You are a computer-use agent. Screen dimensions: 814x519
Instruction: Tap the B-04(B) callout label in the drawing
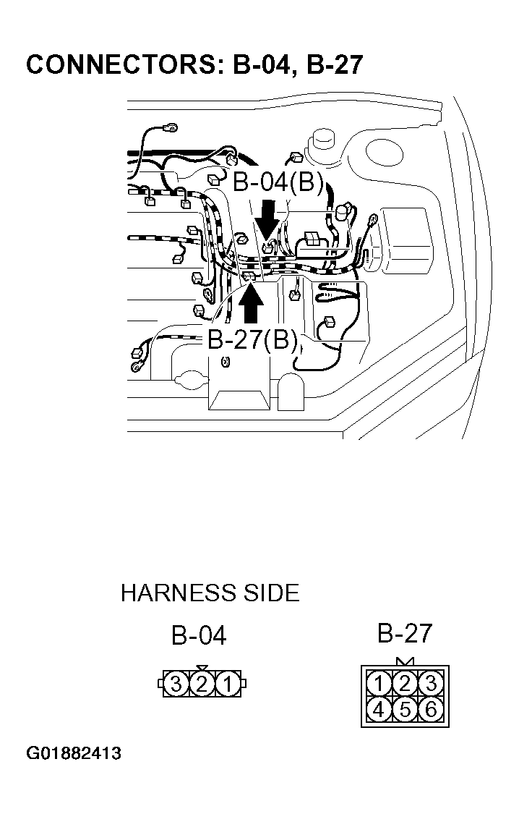pyautogui.click(x=278, y=182)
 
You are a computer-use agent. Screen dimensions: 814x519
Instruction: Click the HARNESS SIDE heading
pyautogui.click(x=210, y=593)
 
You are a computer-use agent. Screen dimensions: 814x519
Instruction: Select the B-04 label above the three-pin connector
pyautogui.click(x=199, y=636)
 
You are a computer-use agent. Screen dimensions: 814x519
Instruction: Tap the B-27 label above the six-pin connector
pyautogui.click(x=404, y=634)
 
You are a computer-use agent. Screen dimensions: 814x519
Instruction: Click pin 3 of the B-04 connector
pyautogui.click(x=176, y=684)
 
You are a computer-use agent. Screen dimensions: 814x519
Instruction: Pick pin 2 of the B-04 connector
pyautogui.click(x=202, y=684)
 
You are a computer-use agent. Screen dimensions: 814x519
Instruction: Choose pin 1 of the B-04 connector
pyautogui.click(x=228, y=684)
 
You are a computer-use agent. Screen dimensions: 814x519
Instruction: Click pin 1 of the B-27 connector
pyautogui.click(x=378, y=682)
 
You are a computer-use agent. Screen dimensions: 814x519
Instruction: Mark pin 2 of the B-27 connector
pyautogui.click(x=405, y=682)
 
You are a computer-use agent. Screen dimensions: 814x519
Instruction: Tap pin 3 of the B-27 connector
pyautogui.click(x=431, y=682)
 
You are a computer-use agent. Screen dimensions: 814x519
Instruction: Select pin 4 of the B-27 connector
pyautogui.click(x=378, y=709)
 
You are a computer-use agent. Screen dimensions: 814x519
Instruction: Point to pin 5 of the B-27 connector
pyautogui.click(x=405, y=709)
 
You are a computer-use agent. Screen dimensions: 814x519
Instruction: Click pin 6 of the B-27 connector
pyautogui.click(x=431, y=709)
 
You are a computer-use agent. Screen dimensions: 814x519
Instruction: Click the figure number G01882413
pyautogui.click(x=74, y=754)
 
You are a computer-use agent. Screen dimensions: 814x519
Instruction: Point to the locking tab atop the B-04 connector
pyautogui.click(x=202, y=668)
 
